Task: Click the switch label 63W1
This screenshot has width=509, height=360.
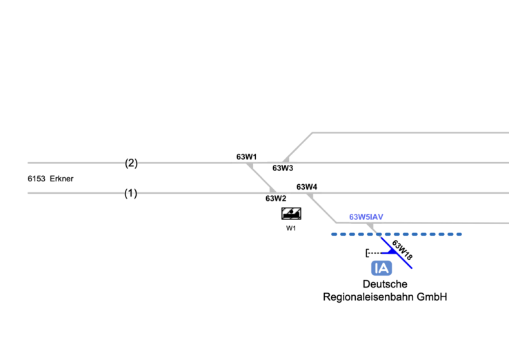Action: click(x=246, y=157)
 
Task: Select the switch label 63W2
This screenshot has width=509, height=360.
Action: click(x=276, y=199)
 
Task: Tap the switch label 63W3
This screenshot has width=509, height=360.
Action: click(x=283, y=168)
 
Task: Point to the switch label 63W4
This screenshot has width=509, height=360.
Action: click(x=307, y=187)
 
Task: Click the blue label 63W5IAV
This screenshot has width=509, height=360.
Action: click(x=366, y=217)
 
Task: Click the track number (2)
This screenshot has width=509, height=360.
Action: click(x=131, y=163)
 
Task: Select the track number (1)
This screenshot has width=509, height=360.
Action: click(x=130, y=193)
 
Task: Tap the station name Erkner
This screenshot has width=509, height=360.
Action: click(x=61, y=179)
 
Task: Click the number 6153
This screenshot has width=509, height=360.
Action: click(x=37, y=179)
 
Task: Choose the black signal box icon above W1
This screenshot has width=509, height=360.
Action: click(x=291, y=213)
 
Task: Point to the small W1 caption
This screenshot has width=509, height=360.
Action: click(x=291, y=228)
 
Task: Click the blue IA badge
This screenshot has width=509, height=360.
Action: click(x=381, y=268)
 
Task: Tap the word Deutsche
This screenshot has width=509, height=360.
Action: click(x=385, y=284)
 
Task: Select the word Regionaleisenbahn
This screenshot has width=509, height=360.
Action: click(x=367, y=297)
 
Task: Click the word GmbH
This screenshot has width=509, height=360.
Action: click(x=431, y=297)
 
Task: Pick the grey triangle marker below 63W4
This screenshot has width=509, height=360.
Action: click(x=310, y=197)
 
